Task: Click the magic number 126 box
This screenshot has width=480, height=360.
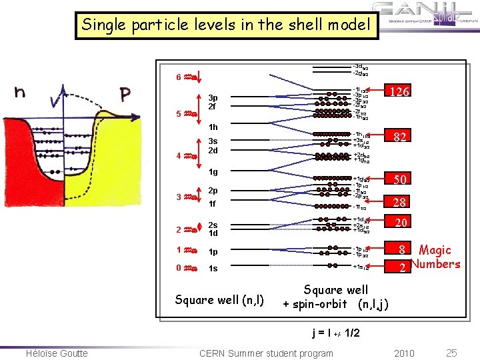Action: click(x=400, y=91)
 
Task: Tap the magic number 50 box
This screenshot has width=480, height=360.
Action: click(x=401, y=179)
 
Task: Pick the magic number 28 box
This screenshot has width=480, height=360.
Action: click(x=401, y=202)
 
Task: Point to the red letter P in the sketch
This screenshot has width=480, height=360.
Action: click(x=125, y=95)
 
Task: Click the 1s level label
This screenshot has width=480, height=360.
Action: click(x=213, y=268)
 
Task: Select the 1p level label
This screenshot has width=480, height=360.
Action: click(x=213, y=252)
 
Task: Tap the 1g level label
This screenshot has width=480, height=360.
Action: click(x=213, y=172)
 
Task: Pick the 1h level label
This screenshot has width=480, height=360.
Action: click(x=213, y=127)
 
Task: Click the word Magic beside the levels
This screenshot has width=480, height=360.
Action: click(x=435, y=250)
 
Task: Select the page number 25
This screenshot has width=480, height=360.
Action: click(x=450, y=352)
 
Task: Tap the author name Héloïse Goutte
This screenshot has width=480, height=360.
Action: click(x=57, y=353)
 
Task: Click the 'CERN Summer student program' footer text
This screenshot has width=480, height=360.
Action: click(x=266, y=353)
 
